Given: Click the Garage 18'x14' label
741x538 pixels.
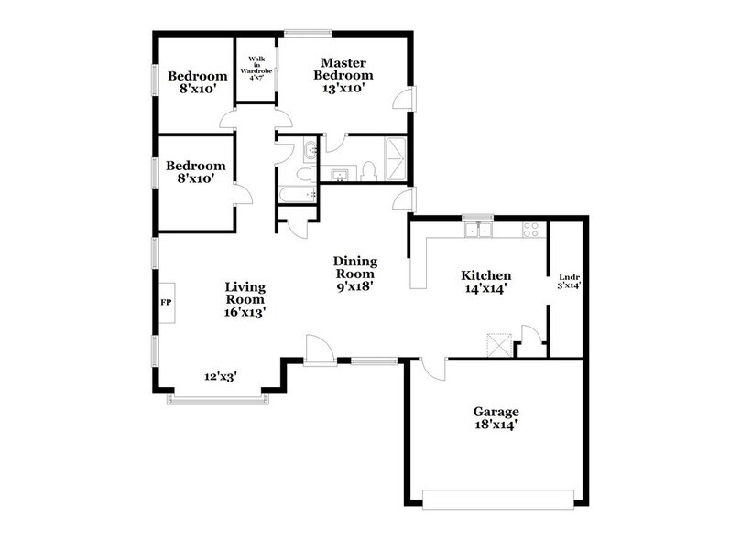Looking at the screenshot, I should click(496, 417).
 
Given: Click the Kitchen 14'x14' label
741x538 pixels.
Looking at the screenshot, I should click(485, 281).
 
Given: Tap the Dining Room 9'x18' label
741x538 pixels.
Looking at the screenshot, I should click(355, 273).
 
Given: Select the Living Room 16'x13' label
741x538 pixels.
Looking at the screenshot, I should click(245, 299).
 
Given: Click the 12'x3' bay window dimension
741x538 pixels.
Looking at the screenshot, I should click(221, 375).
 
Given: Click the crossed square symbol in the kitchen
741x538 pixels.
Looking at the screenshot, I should click(497, 345).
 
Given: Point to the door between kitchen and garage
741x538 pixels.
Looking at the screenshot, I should click(432, 369).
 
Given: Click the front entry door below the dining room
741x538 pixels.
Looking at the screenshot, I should click(318, 350).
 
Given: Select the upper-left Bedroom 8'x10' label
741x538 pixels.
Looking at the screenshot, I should click(196, 82).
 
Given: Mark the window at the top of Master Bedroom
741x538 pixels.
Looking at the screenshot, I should click(307, 34).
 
